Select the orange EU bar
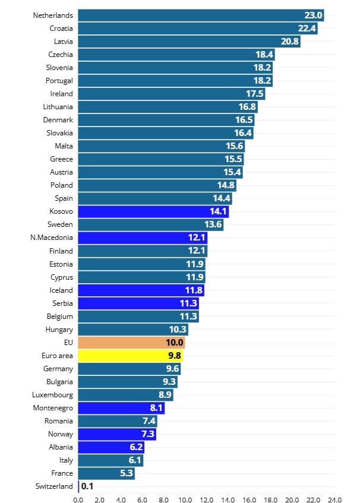131,343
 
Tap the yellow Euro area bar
130,356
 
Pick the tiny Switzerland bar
78,486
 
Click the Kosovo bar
153,212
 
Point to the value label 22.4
307,29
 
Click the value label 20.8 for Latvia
290,42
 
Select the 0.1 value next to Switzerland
87,486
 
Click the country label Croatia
61,29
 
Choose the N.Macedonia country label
52,238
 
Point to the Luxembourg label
53,395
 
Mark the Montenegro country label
53,408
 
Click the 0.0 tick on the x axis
78,499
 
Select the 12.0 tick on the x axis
206,499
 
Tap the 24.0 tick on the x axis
334,499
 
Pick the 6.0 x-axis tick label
142,499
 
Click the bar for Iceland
141,290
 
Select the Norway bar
117,434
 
